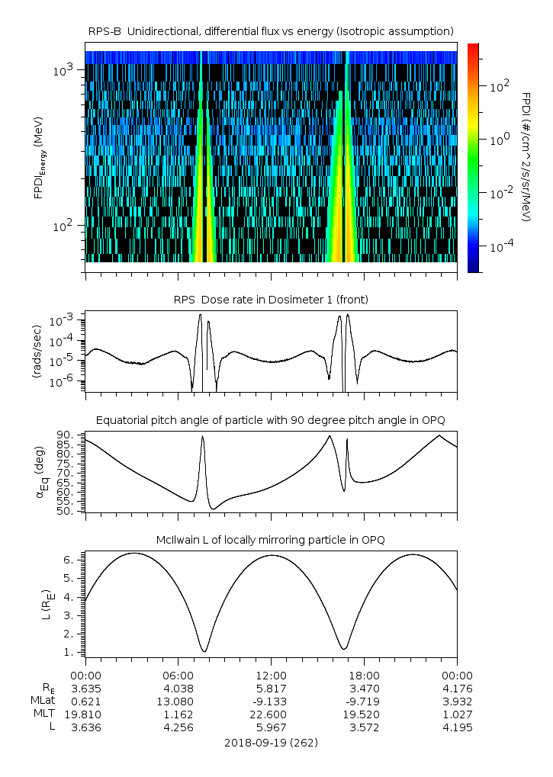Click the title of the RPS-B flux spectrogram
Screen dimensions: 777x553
(271, 31)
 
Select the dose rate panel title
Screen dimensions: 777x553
(271, 300)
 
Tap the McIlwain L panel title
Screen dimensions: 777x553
(271, 540)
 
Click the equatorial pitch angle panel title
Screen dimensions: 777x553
(271, 420)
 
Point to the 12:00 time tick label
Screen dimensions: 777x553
(271, 676)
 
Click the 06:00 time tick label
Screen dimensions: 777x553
(178, 676)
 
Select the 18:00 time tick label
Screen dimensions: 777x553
(364, 676)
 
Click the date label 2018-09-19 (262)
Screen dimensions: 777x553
(271, 742)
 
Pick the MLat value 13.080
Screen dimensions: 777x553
(178, 701)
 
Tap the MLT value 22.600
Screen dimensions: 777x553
(271, 714)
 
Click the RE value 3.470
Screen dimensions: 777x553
(364, 688)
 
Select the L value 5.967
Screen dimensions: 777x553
(271, 727)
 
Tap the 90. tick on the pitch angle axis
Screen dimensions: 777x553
(63, 435)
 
